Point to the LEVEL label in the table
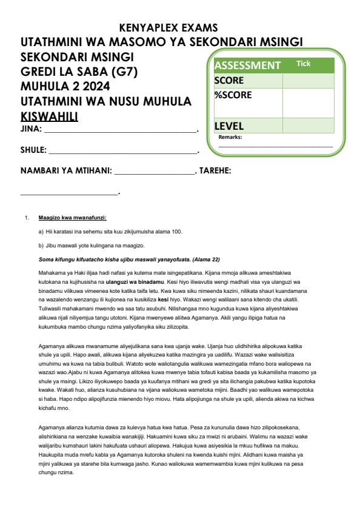229,126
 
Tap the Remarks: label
231,137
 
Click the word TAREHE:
215,171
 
